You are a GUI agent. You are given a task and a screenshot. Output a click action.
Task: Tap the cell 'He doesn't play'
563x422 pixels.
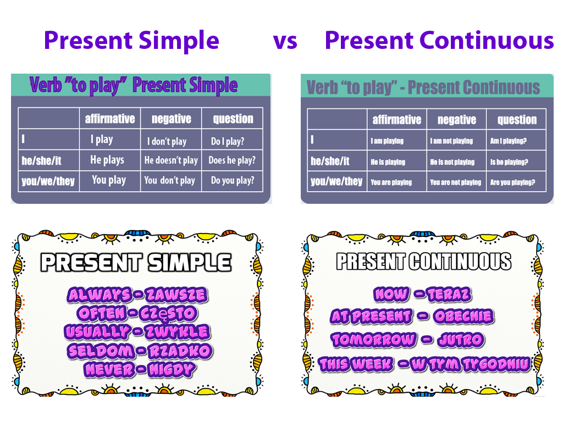171,160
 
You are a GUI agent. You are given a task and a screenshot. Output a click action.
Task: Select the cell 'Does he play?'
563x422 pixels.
231,160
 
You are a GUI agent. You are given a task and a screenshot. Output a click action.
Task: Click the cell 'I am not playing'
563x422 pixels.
451,141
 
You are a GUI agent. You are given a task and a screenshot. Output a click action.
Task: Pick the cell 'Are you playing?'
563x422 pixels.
512,182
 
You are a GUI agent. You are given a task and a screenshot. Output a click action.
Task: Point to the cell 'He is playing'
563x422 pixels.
388,162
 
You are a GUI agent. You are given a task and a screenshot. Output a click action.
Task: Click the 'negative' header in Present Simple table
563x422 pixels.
171,119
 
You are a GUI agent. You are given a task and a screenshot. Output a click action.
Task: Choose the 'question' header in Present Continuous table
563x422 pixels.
517,120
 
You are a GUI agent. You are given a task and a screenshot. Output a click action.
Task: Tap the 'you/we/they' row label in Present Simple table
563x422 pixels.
48,181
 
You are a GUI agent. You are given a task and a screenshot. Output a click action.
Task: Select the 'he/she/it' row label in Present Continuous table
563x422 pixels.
330,162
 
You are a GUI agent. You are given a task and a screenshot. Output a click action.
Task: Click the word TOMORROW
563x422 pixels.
374,340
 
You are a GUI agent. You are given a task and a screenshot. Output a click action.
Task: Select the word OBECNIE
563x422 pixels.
463,316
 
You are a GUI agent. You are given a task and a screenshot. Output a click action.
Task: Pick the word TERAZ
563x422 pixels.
449,295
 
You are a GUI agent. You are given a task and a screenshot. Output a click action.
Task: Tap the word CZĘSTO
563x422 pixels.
168,313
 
